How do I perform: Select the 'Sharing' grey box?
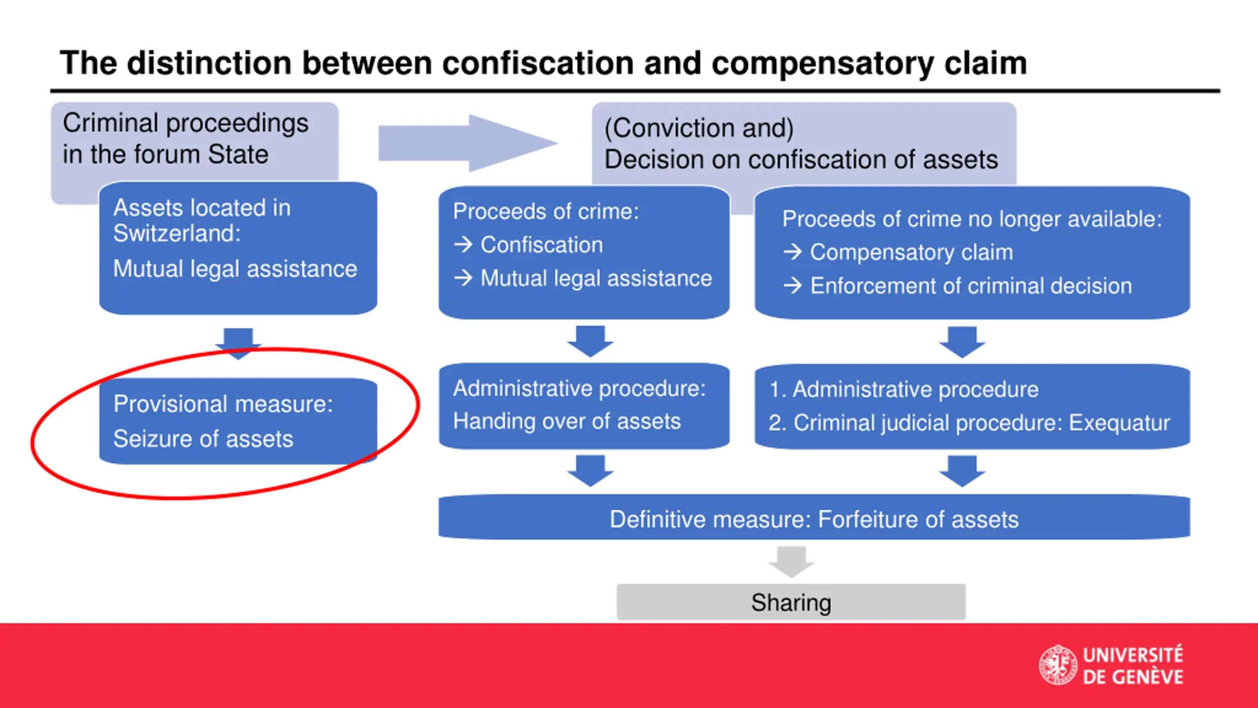pyautogui.click(x=791, y=602)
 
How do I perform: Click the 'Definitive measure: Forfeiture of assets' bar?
pyautogui.click(x=814, y=519)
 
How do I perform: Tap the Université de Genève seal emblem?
pyautogui.click(x=1058, y=665)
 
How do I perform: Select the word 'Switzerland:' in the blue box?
pyautogui.click(x=177, y=234)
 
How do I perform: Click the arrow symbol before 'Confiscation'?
pyautogui.click(x=463, y=244)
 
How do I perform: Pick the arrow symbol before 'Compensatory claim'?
pyautogui.click(x=792, y=252)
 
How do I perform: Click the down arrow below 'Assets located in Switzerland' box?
pyautogui.click(x=238, y=342)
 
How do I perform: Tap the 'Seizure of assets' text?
pyautogui.click(x=203, y=439)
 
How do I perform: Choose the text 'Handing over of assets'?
pyautogui.click(x=567, y=421)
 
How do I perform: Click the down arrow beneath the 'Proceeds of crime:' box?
pyautogui.click(x=590, y=341)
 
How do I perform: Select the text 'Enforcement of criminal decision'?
pyautogui.click(x=971, y=286)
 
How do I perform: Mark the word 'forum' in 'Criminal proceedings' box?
pyautogui.click(x=167, y=154)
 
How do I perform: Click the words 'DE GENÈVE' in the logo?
pyautogui.click(x=1133, y=677)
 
